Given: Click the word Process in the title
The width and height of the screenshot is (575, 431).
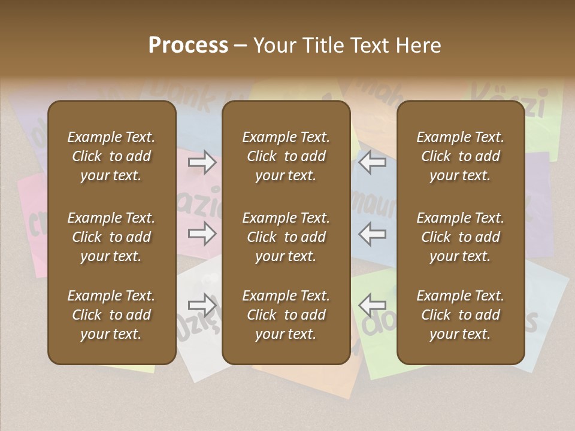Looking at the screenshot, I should click(188, 45).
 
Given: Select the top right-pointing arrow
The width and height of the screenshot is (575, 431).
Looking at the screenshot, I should click(202, 162).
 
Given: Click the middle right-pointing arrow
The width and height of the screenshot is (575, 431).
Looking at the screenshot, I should click(202, 233).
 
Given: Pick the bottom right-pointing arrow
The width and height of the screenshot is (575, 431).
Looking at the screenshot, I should click(202, 305).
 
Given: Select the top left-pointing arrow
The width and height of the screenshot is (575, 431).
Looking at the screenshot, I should click(373, 162).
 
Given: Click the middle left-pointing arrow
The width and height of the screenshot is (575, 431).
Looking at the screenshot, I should click(373, 233).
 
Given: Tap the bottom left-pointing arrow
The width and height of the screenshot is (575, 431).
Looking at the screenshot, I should click(373, 305).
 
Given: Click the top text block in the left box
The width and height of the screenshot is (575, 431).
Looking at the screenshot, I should click(111, 156).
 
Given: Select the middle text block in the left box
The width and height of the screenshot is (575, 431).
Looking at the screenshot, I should click(111, 237).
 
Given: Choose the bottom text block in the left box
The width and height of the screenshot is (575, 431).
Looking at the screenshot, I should click(111, 315).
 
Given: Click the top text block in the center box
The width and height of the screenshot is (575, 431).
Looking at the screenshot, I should click(286, 156).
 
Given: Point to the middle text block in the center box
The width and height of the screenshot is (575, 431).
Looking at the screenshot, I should click(286, 237).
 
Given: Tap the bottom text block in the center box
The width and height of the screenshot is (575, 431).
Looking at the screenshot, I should click(286, 315).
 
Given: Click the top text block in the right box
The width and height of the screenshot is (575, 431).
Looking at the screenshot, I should click(461, 156).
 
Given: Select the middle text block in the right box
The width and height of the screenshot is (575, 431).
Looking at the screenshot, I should click(461, 237).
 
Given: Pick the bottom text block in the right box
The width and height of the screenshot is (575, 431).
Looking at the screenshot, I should click(461, 315).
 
